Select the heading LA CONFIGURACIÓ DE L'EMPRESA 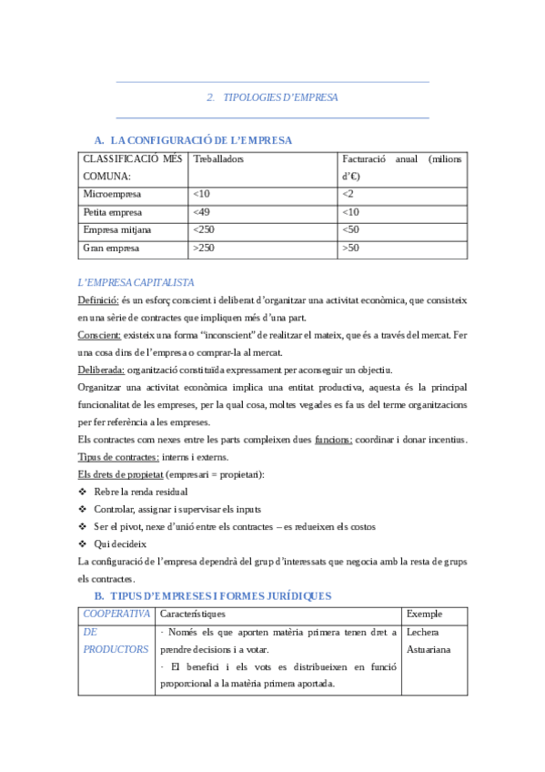[200, 140]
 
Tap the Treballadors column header [218, 159]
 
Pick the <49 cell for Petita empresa [202, 212]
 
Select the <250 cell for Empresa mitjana [204, 229]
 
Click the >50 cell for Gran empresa [350, 248]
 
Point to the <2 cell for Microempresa [348, 194]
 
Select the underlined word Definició [97, 300]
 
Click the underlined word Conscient [99, 335]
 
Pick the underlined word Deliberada [101, 370]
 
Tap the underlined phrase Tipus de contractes [119, 457]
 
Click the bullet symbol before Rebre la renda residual [84, 492]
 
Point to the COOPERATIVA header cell [116, 614]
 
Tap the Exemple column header [425, 614]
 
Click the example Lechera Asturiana [429, 641]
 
